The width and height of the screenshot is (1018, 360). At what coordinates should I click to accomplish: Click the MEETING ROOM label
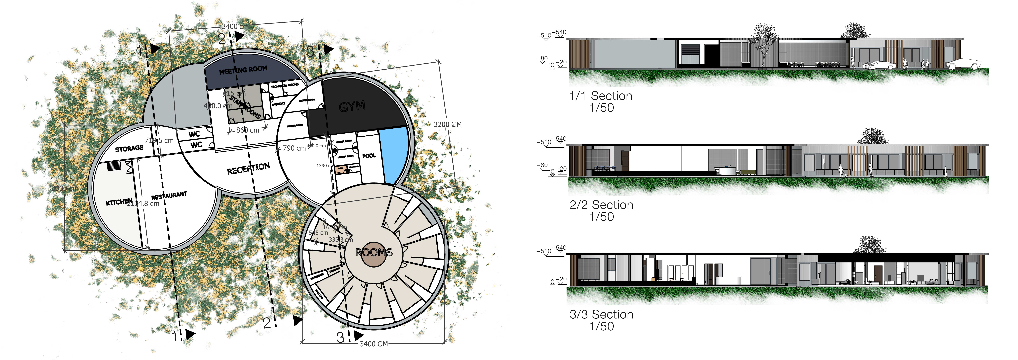(243, 70)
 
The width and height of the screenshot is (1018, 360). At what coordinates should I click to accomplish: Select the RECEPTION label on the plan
(248, 169)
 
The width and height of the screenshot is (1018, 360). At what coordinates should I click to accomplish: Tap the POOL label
(369, 156)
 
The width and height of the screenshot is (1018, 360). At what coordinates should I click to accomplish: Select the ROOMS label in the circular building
(374, 252)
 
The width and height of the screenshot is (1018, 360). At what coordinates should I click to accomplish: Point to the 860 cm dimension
(248, 130)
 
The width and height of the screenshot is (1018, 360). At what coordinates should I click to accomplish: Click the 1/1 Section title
(601, 96)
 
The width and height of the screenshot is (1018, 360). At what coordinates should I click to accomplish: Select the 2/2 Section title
(601, 205)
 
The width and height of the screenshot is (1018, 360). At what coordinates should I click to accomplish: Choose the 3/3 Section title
(601, 315)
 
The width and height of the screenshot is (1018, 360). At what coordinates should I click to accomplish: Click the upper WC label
(194, 134)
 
